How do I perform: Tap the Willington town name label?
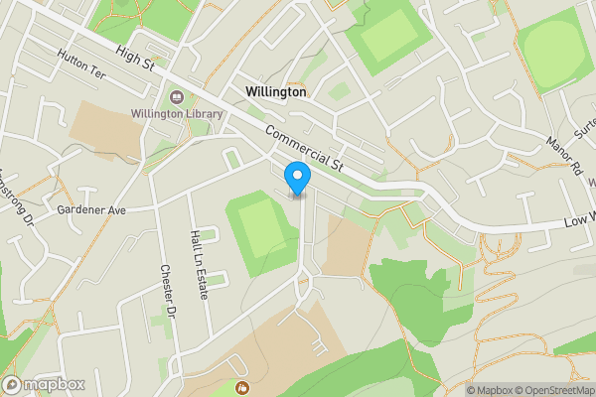275,91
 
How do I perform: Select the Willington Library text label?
175,114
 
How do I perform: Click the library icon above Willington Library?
176,97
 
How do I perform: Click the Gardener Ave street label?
91,210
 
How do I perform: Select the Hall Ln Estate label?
195,254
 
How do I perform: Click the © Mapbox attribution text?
490,390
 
